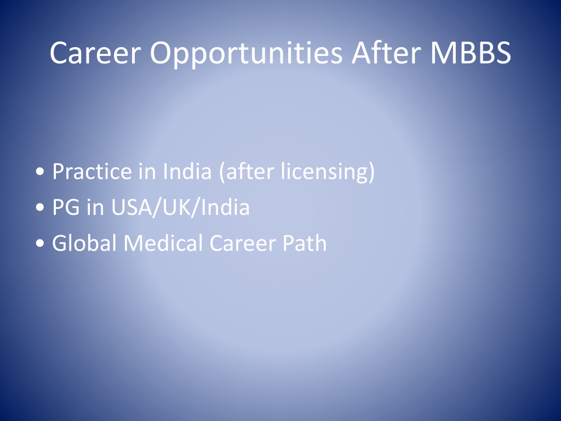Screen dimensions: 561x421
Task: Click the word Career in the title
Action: (95, 53)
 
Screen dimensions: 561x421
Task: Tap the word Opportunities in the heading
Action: (246, 54)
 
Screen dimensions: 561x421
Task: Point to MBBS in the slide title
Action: (471, 53)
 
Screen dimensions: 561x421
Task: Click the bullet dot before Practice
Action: (40, 172)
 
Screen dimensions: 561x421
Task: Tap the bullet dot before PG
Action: (40, 208)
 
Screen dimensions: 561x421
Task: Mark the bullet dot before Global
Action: (40, 243)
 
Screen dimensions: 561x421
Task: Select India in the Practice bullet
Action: (187, 171)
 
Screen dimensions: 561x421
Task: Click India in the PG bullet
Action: (225, 207)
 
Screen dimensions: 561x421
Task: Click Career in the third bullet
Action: (243, 243)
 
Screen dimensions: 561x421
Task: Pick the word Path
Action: (305, 243)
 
